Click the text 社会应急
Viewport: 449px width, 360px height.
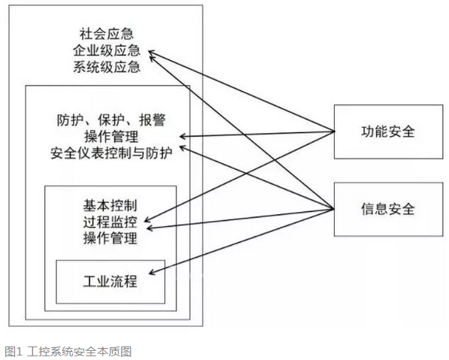click(107, 34)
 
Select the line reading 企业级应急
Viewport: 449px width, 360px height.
click(107, 51)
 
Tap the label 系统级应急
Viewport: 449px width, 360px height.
click(107, 67)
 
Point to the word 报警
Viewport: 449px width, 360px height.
click(152, 120)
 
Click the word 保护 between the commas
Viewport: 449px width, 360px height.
click(111, 120)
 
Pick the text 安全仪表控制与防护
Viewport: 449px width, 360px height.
click(111, 153)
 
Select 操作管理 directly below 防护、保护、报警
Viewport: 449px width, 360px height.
click(111, 137)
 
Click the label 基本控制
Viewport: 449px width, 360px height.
click(110, 205)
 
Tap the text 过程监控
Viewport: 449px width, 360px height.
click(110, 222)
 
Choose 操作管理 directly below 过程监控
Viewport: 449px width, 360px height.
click(110, 238)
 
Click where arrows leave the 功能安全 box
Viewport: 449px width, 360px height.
click(334, 132)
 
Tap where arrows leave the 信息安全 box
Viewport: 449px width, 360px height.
click(334, 209)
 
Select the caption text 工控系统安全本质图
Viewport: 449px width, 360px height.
click(80, 352)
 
